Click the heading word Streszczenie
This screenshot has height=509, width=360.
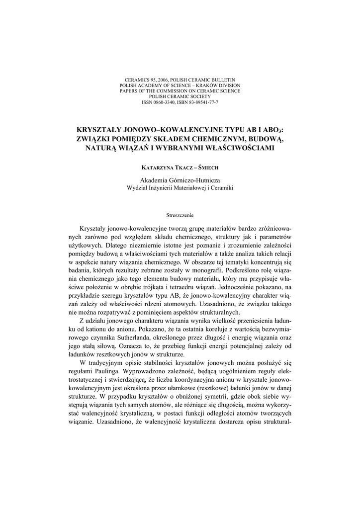180,215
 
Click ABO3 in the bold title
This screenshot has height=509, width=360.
273,129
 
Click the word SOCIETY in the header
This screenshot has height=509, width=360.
198,96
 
